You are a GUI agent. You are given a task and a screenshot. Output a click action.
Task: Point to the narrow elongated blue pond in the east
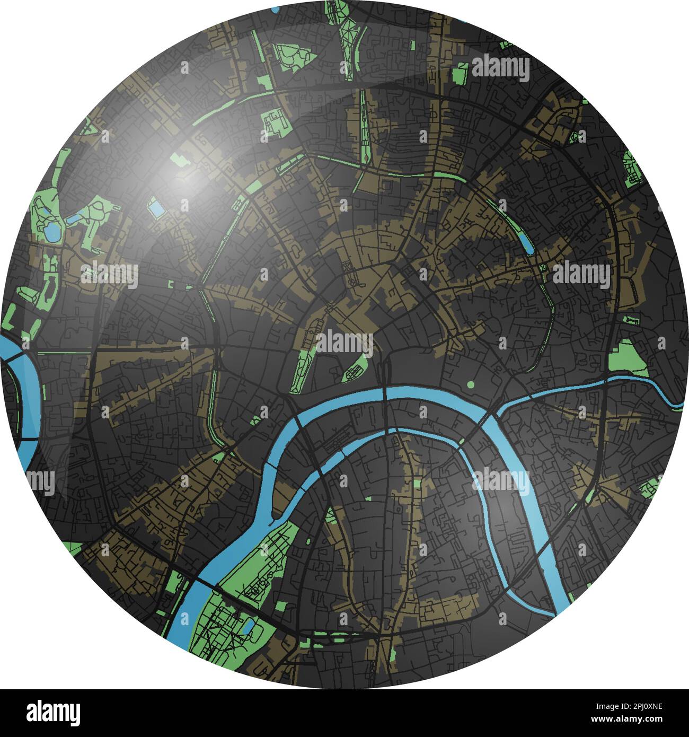(x=527, y=242)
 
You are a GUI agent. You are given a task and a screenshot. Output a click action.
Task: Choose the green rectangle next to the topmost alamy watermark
(x=461, y=73)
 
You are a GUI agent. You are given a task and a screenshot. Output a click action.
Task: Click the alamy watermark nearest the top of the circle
(x=500, y=69)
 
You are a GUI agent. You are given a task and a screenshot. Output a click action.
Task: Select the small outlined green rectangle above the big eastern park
(x=632, y=320)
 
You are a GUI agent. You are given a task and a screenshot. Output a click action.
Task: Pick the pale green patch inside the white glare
(x=176, y=159)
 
